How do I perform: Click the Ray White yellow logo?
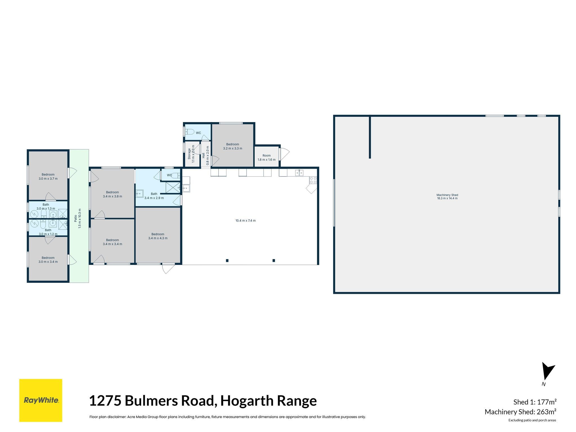tap(41, 400)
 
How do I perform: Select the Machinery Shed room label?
tap(447, 197)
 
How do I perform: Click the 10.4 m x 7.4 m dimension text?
tap(246, 220)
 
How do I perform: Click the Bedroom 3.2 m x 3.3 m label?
tap(233, 146)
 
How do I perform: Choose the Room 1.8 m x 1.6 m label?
tap(267, 157)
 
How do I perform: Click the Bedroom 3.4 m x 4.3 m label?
tap(158, 236)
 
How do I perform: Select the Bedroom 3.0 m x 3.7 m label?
tap(48, 176)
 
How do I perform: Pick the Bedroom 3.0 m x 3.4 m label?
tap(48, 260)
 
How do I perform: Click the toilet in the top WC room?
tap(190, 132)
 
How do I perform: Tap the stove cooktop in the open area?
tap(313, 180)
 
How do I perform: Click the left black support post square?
tap(227, 260)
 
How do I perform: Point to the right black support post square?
tap(274, 260)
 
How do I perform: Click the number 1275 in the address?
tap(105, 401)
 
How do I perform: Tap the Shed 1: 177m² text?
tap(535, 402)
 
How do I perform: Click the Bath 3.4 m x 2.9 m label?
tap(154, 196)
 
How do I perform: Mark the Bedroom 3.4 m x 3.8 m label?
tap(112, 194)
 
